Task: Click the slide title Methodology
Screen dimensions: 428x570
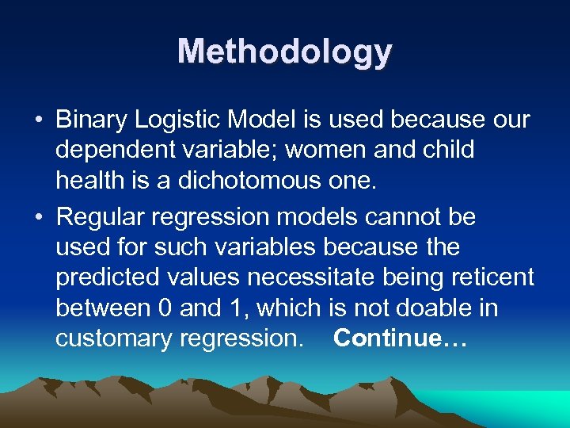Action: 285,52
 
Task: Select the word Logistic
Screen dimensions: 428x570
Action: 178,120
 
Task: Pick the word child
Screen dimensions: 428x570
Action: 449,151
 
